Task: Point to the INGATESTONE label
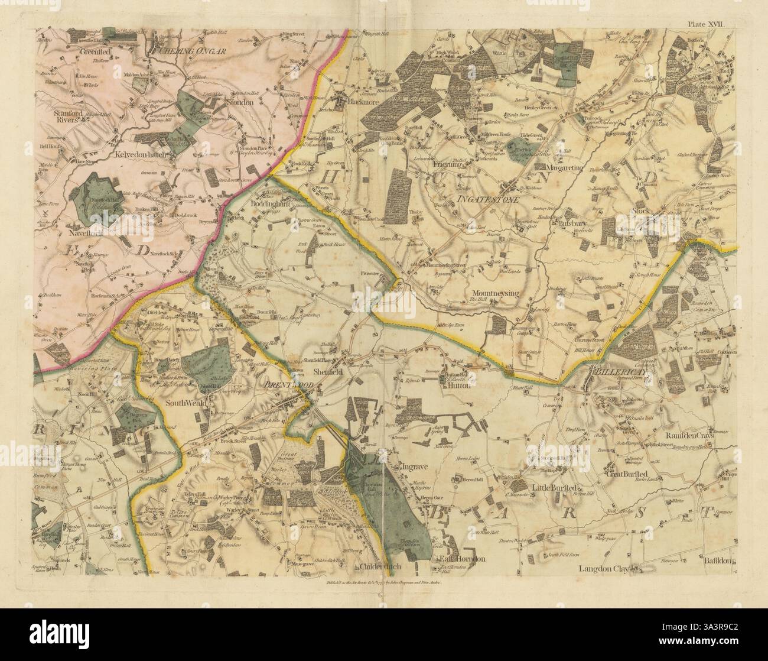coord(487,200)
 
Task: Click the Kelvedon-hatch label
coord(143,154)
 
